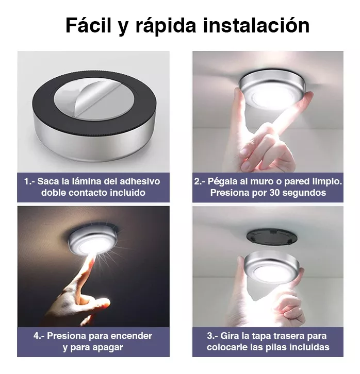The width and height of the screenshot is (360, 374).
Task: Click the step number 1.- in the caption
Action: [x=29, y=181]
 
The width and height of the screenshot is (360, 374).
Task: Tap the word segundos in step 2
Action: [x=305, y=193]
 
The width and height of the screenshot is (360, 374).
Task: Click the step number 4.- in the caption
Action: [x=40, y=336]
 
